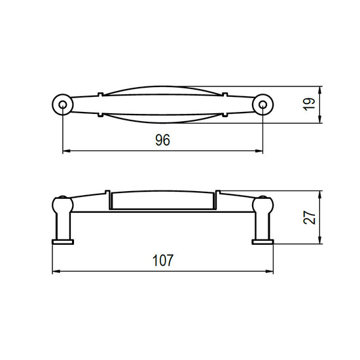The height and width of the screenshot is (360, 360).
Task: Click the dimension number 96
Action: point(162,140)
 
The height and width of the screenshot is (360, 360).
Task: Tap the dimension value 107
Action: point(163,261)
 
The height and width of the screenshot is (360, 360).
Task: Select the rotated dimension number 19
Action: point(309,104)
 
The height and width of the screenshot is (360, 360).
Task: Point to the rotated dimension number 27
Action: point(309,217)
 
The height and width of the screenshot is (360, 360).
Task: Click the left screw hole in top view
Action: point(62,105)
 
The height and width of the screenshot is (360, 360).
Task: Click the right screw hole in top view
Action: point(262,105)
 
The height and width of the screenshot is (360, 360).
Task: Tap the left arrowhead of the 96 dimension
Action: point(66,151)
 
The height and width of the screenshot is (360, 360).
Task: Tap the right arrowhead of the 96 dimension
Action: point(259,151)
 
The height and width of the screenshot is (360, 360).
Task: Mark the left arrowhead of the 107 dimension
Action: point(56,272)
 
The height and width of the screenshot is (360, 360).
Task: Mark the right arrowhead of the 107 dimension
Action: point(270,272)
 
